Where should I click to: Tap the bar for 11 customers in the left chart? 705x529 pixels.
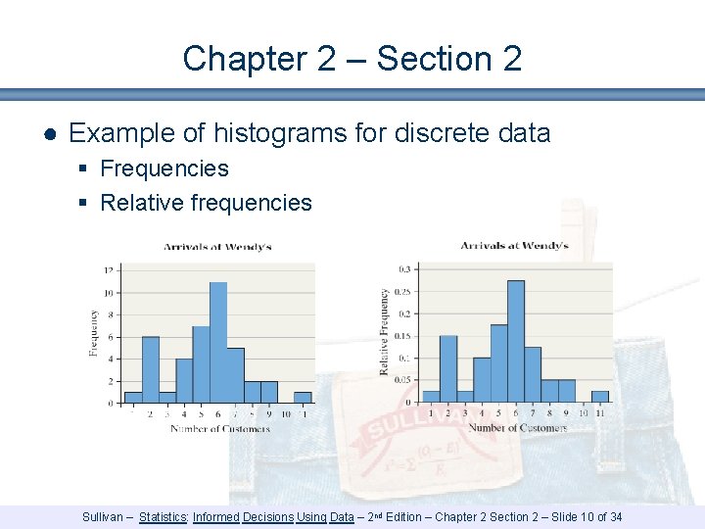[303, 398]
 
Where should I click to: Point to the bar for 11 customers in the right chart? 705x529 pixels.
[600, 397]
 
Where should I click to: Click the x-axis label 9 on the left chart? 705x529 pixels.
[267, 413]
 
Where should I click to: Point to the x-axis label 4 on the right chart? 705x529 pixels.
[481, 412]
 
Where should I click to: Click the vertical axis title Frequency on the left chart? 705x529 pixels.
[94, 333]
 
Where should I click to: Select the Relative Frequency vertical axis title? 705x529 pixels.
[385, 332]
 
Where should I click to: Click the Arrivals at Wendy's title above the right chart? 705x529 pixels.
[514, 245]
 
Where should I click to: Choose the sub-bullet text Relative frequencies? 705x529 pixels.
[206, 203]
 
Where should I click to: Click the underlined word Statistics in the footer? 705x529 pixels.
[164, 516]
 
